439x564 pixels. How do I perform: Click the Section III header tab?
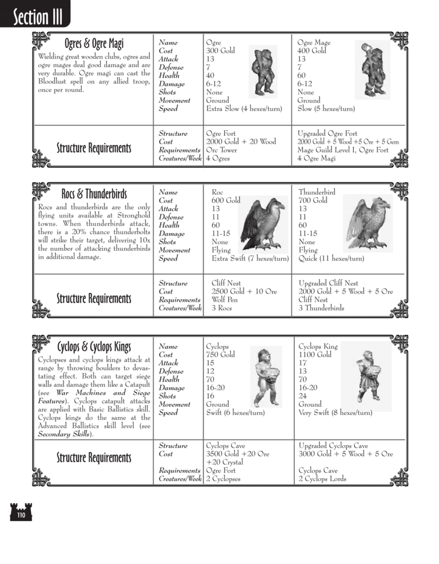pos(34,15)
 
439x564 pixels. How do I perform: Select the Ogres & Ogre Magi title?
pos(94,43)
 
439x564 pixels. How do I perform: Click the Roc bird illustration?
pos(262,223)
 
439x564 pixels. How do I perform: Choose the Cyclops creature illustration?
pos(265,377)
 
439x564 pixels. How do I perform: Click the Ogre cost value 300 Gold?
pos(220,51)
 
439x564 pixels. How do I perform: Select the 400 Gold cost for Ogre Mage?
pos(312,51)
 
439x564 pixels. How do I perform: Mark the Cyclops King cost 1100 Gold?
pos(315,355)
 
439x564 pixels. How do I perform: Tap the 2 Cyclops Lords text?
pos(322,479)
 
